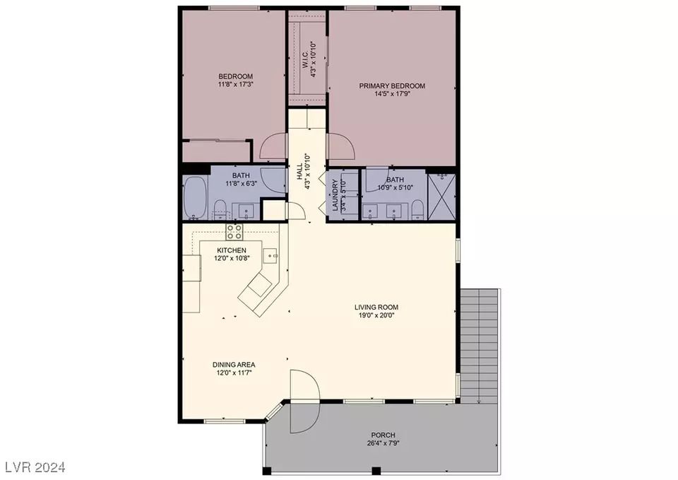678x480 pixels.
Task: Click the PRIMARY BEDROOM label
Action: (x=392, y=86)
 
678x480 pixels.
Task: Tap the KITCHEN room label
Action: (x=232, y=250)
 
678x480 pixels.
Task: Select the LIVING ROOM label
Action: (x=376, y=308)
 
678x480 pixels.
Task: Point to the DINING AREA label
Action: (x=234, y=365)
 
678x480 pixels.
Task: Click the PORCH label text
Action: (x=383, y=435)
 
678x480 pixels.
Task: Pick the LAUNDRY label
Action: (x=335, y=195)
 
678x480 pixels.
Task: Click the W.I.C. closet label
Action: (x=305, y=59)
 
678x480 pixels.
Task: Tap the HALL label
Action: (x=299, y=172)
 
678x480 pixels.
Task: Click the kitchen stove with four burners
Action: (x=234, y=232)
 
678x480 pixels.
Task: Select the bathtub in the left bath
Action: (x=195, y=198)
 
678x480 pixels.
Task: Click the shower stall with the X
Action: (x=441, y=197)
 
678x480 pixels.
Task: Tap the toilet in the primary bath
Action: (x=417, y=210)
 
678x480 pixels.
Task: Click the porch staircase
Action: (x=479, y=346)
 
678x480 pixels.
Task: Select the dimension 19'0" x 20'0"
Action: (x=376, y=315)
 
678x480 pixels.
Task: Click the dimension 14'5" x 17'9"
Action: (x=392, y=93)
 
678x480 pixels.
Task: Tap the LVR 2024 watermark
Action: (x=35, y=467)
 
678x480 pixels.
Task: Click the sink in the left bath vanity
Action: (x=247, y=211)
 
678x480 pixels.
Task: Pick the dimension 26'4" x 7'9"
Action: (x=383, y=443)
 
